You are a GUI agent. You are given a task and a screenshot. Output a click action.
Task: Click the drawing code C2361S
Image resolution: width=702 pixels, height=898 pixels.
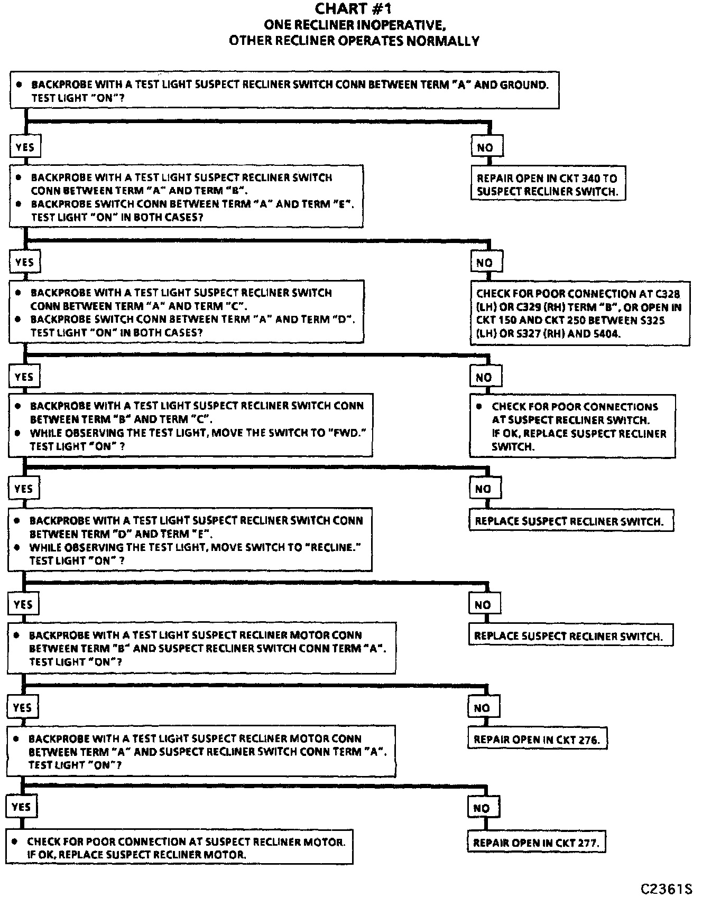point(666,889)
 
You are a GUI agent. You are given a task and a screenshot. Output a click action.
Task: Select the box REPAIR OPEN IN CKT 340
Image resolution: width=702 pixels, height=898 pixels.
point(547,185)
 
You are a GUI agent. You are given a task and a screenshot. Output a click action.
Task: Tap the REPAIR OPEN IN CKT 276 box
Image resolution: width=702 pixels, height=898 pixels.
point(537,740)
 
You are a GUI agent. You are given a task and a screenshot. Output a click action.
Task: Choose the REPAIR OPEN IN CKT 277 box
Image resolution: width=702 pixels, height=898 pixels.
point(536,843)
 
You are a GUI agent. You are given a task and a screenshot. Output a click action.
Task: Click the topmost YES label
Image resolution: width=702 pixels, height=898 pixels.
point(25,147)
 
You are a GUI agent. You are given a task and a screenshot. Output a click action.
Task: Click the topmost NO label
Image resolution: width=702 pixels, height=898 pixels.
point(485,147)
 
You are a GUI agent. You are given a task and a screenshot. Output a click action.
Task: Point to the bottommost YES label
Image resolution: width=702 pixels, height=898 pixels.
point(21,807)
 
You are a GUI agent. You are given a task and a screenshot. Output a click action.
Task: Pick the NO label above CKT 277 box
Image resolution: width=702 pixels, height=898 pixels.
point(482,808)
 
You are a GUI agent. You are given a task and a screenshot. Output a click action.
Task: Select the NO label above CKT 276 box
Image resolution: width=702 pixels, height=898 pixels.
point(482,708)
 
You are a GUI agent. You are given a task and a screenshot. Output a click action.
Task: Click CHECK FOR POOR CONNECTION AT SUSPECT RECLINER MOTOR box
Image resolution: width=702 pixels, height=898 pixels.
point(179,848)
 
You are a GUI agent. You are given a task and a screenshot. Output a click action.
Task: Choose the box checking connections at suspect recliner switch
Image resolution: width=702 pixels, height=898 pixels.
point(572,426)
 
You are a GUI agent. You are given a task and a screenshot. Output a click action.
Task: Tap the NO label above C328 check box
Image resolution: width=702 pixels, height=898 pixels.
point(485,263)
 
